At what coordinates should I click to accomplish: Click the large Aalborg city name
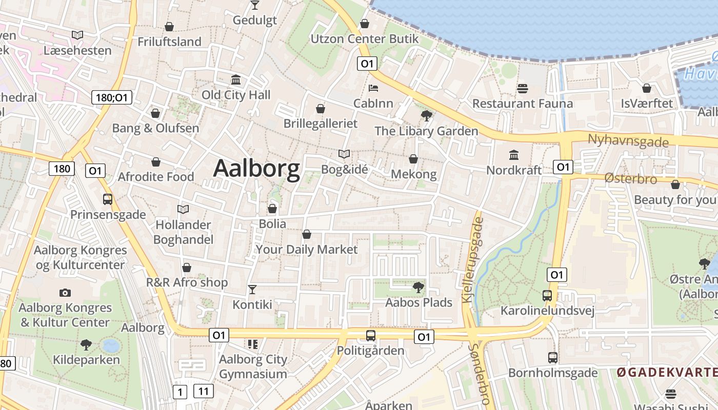tap(256, 168)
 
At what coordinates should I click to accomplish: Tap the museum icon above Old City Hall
tap(236, 80)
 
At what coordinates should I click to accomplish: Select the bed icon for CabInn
tap(373, 89)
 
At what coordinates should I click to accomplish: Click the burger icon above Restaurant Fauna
tap(523, 89)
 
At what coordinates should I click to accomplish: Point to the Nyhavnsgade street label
tap(628, 140)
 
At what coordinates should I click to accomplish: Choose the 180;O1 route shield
tap(112, 97)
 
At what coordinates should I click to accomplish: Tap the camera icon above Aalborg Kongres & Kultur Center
tap(65, 293)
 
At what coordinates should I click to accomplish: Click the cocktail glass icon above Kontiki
tap(252, 290)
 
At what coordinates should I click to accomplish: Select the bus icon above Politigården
tap(370, 336)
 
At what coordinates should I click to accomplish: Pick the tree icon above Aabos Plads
tap(418, 287)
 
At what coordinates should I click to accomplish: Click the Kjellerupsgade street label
tap(473, 259)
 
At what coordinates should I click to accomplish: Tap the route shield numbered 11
tap(204, 392)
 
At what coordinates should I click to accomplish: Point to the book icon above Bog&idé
tap(344, 154)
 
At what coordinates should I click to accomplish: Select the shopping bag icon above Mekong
tap(413, 159)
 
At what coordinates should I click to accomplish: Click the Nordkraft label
tap(514, 170)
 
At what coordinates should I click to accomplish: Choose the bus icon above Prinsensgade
tap(108, 199)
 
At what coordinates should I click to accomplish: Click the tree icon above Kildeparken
tap(86, 344)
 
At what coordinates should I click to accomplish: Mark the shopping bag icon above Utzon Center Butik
tap(364, 24)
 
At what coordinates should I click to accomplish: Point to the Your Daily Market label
tap(306, 250)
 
